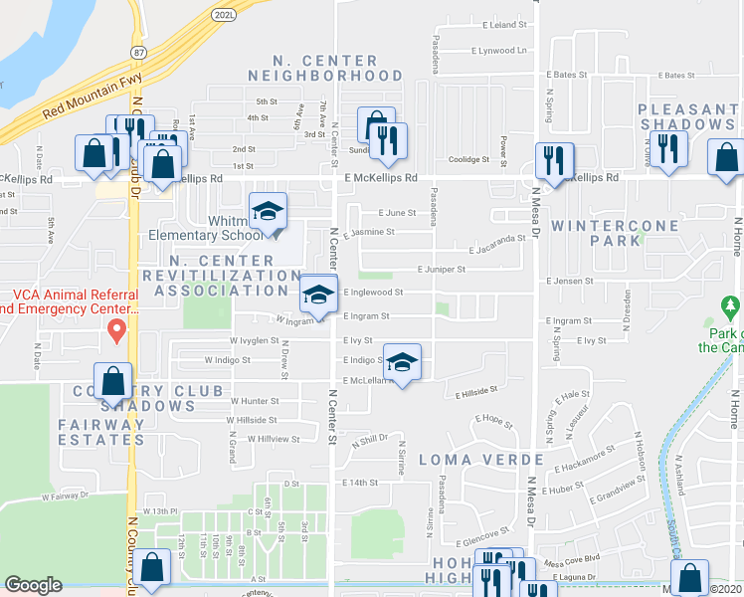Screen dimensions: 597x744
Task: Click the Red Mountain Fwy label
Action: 93,98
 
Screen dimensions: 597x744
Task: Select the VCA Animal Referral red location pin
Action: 116,329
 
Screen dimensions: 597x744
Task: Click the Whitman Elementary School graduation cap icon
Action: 268,211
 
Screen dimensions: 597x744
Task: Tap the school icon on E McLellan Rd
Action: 402,362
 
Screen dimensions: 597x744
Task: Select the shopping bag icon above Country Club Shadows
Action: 114,381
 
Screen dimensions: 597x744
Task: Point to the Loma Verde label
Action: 480,460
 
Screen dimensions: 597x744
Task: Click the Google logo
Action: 33,585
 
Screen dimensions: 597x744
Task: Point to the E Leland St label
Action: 503,24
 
